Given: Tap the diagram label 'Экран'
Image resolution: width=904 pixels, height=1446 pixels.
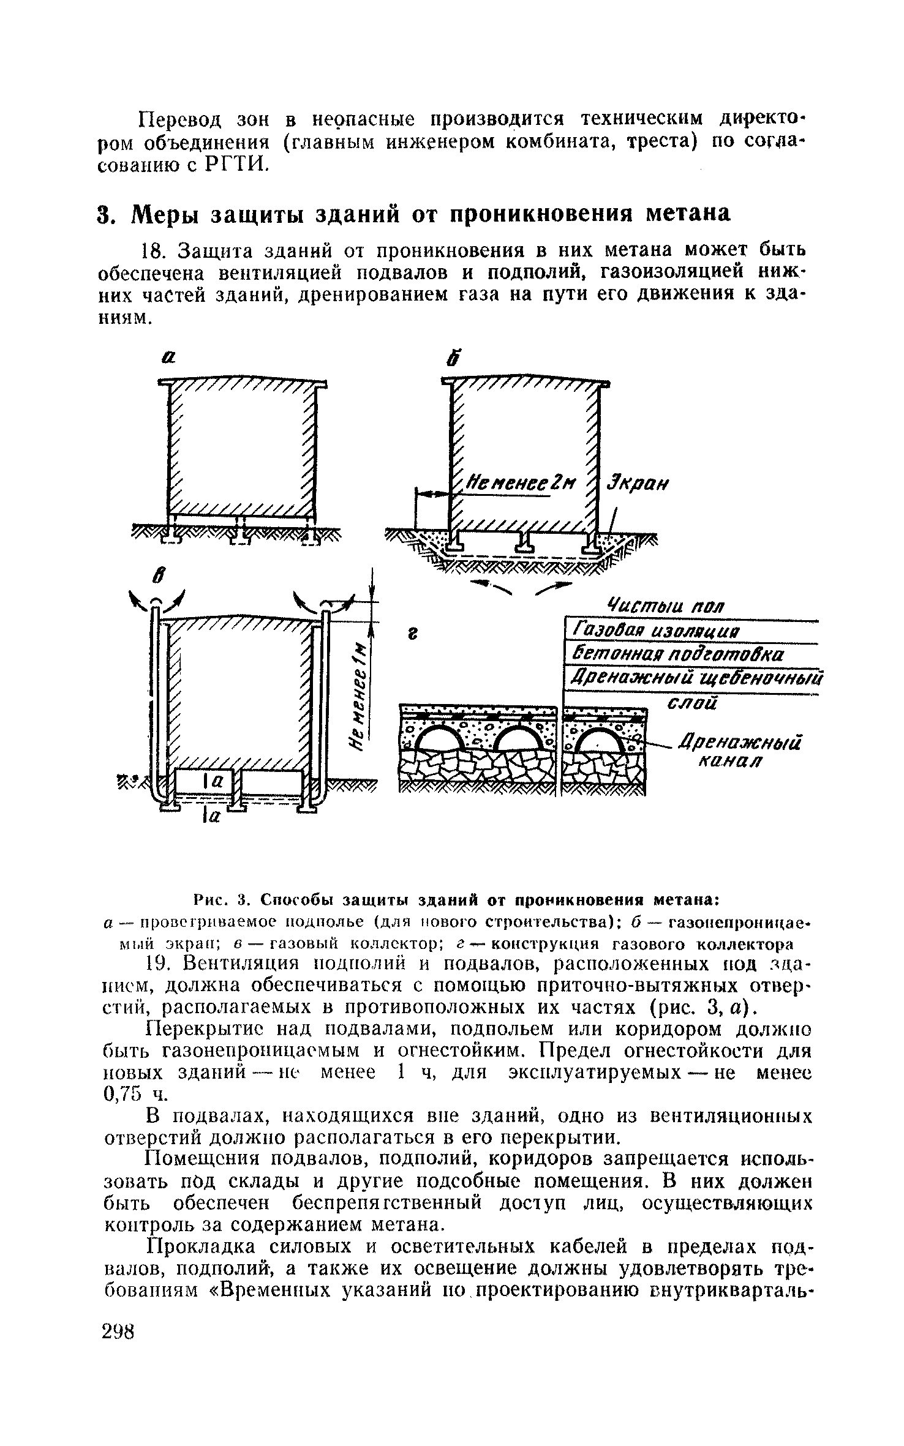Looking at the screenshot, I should (x=637, y=483).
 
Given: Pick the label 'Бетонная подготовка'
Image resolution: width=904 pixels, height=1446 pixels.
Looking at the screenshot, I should (x=677, y=655).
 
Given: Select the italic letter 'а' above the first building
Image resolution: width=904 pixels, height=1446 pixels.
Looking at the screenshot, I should (x=168, y=360).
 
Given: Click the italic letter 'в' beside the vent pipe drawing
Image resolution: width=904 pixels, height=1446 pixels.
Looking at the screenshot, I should (x=157, y=576).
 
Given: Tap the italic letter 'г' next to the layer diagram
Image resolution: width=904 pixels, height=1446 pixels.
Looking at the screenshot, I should (x=413, y=635).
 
